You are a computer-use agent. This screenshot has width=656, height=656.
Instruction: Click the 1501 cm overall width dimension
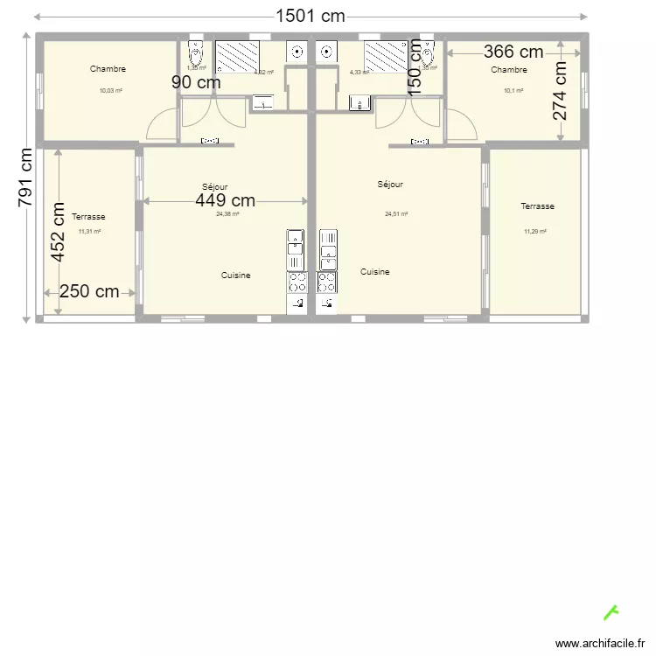point(311,16)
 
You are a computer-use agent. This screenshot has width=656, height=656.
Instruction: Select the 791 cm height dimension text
point(25,176)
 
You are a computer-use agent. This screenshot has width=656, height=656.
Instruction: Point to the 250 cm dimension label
point(89,292)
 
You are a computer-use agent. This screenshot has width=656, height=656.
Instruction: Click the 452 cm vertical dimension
point(58,233)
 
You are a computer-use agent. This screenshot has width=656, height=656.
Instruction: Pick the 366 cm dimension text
point(513,52)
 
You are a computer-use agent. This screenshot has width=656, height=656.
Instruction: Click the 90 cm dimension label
point(195,82)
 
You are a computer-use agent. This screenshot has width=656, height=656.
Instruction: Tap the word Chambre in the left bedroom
point(108,69)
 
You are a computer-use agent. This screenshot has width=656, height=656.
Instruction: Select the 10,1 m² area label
point(513,90)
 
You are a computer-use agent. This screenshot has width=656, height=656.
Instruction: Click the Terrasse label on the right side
point(537,206)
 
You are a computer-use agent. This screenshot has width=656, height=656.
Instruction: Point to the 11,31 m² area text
point(89,232)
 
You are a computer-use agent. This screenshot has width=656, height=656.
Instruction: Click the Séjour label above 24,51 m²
point(390,185)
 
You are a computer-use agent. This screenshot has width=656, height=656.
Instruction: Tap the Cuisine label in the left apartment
point(235,276)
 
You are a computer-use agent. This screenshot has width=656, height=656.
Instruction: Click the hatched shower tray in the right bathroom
point(384,57)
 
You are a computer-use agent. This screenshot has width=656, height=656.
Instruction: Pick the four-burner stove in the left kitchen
point(297,282)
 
